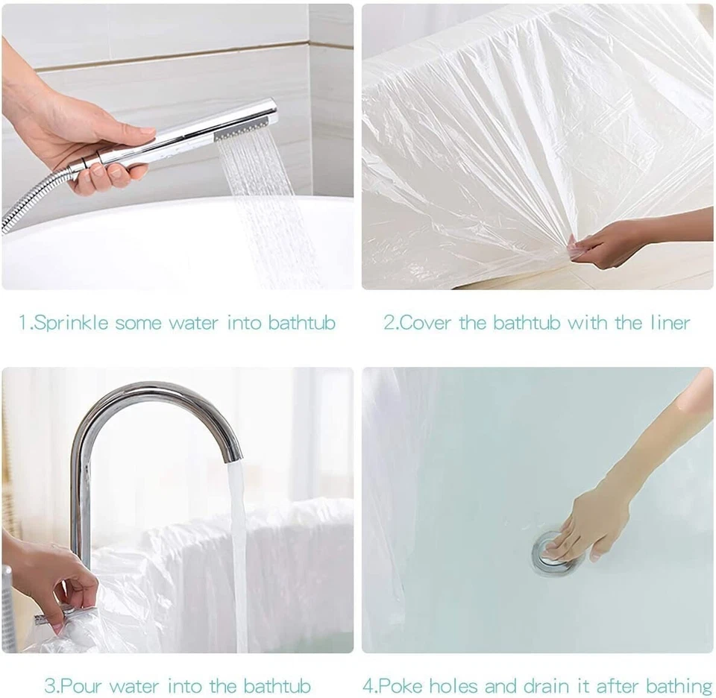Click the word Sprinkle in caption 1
72,323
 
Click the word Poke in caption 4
408,685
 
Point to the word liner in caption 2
668,323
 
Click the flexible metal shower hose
30,201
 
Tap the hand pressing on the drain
589,526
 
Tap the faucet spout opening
233,454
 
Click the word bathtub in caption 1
302,323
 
